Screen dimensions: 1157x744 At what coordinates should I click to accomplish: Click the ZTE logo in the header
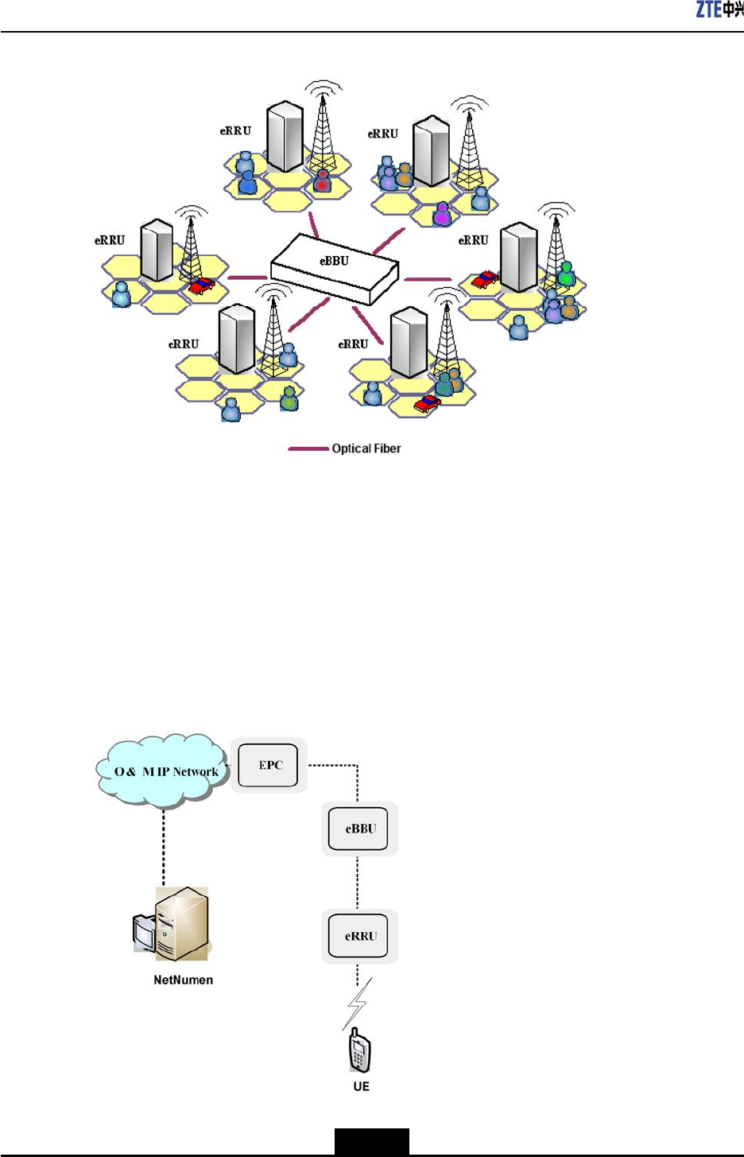719,10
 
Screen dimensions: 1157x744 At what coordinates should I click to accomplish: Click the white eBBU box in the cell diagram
334,267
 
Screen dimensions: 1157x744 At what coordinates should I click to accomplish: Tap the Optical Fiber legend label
366,448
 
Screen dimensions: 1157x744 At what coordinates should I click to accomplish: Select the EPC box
269,765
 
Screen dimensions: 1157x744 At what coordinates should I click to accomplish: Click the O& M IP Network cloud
164,771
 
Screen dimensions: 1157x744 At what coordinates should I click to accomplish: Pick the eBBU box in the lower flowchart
358,829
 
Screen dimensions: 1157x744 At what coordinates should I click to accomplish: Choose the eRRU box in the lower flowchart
358,936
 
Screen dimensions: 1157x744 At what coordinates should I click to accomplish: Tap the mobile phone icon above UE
360,1050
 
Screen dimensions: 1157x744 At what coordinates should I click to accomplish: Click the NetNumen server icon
172,924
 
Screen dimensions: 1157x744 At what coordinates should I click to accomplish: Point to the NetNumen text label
183,980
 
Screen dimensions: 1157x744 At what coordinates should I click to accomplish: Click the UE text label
361,1086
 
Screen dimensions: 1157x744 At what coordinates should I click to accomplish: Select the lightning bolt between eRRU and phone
357,1003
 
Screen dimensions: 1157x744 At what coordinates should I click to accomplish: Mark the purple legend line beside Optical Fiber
308,448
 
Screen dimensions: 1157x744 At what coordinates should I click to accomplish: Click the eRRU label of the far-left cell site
110,240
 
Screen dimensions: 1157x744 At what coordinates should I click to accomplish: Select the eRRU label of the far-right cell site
473,240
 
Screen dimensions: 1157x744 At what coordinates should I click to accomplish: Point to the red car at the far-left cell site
202,285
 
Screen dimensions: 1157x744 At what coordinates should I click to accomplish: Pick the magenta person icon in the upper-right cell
442,213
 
